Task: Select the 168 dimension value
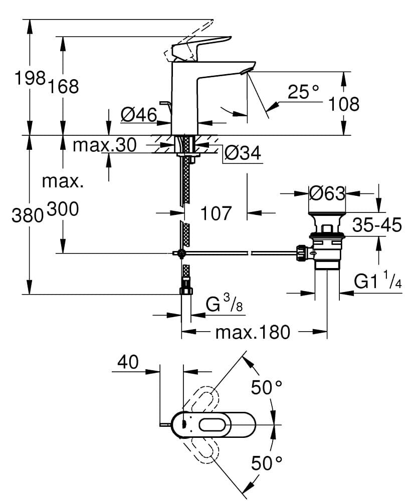pos(63,86)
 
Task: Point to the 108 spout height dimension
pos(344,104)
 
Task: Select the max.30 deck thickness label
pos(104,145)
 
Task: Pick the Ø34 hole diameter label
pos(243,153)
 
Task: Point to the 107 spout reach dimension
pos(216,213)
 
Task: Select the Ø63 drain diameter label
pos(327,193)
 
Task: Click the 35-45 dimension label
pos(377,225)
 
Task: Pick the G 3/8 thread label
pos(224,305)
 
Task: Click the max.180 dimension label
pos(253,332)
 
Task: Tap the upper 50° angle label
pos(266,387)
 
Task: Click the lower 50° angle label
pos(266,463)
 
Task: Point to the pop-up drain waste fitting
pos(326,240)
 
